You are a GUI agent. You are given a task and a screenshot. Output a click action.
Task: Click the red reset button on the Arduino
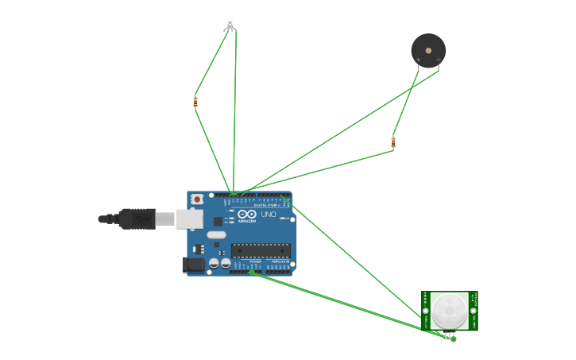click(x=195, y=199)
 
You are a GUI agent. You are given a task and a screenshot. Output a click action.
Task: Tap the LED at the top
click(x=230, y=24)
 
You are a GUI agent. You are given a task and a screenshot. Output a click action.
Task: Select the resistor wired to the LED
click(x=195, y=102)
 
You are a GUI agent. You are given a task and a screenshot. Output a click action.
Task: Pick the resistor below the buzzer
click(x=393, y=143)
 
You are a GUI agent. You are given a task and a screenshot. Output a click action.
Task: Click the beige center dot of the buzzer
click(x=429, y=51)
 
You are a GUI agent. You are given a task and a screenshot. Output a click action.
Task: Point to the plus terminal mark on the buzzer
click(x=419, y=60)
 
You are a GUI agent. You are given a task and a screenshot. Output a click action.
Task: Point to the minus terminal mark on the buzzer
click(x=438, y=60)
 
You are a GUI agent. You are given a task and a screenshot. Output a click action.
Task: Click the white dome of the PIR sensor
click(x=449, y=308)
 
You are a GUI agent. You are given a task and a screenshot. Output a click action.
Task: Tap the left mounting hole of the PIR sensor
click(x=426, y=311)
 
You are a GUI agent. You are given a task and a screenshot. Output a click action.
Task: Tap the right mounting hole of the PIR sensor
click(x=473, y=311)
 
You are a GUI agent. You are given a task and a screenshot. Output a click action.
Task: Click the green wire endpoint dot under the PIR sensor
click(x=454, y=339)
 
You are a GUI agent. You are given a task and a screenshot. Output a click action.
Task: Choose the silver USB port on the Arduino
click(x=190, y=219)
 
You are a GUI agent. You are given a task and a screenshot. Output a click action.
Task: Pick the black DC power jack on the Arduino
click(x=193, y=265)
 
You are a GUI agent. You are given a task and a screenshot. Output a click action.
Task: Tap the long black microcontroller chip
click(x=261, y=250)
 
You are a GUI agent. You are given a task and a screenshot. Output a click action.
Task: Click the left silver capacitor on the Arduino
click(x=214, y=262)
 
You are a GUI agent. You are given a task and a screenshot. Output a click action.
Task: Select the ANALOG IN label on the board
click(x=280, y=261)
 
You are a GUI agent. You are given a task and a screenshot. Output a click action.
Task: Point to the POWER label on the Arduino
click(x=255, y=261)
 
